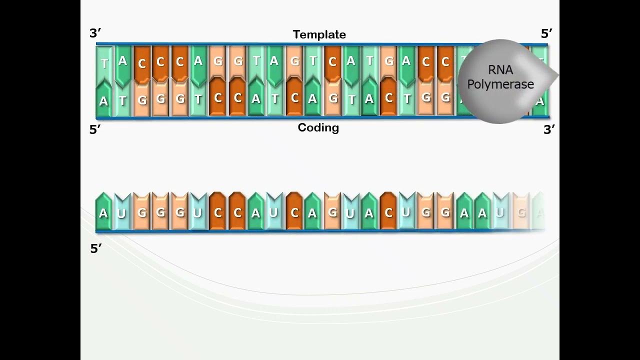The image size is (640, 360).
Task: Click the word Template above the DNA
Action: [x=319, y=34]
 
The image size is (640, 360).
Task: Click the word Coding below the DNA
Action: [x=318, y=127]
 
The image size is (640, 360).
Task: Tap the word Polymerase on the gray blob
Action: [x=500, y=84]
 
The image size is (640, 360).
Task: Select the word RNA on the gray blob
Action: [x=500, y=70]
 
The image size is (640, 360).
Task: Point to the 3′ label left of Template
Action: [x=95, y=33]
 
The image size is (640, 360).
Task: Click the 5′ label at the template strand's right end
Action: [x=546, y=33]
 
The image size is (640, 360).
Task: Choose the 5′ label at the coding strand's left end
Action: [x=95, y=129]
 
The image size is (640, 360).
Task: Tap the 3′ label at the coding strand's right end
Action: [x=549, y=129]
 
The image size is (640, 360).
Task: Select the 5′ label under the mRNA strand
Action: [x=96, y=248]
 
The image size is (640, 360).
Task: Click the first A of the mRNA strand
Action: [x=103, y=213]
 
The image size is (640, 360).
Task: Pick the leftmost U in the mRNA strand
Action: [x=122, y=214]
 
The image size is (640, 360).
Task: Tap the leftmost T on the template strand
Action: [x=104, y=63]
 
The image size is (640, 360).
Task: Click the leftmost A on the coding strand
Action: [x=103, y=101]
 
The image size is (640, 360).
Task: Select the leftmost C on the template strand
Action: [x=142, y=64]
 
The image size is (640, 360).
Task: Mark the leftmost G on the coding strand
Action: [x=142, y=100]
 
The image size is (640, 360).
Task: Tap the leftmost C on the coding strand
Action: [x=218, y=98]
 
